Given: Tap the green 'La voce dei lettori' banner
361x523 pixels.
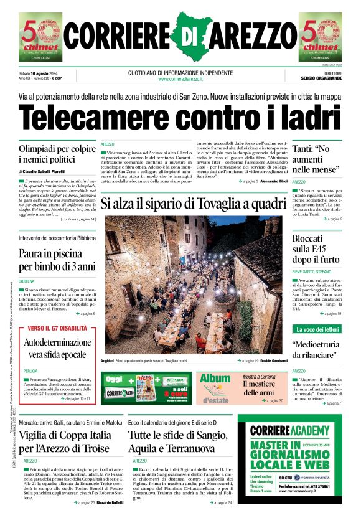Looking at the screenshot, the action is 317,329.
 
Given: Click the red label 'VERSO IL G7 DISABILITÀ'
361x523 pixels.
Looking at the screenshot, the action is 57,328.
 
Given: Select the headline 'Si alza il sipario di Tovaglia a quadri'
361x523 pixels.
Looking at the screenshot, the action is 193,203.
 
